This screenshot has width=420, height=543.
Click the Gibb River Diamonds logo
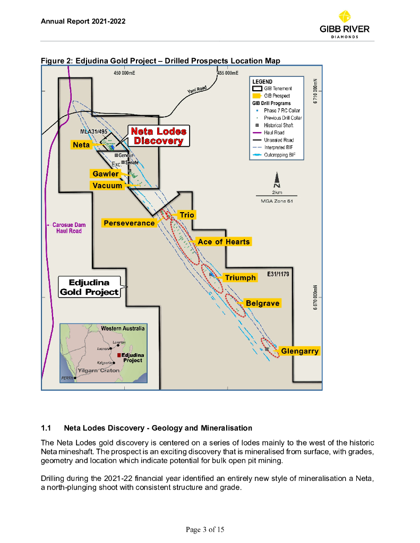(x=345, y=24)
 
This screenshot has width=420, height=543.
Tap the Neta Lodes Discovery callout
(x=159, y=136)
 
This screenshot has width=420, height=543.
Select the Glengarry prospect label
(x=300, y=351)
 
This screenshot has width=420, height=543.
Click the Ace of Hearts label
(x=224, y=242)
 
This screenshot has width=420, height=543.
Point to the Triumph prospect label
(x=240, y=278)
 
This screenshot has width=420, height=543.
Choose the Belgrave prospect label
(x=262, y=303)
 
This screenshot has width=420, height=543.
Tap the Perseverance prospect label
(x=129, y=223)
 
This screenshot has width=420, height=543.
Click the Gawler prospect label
(x=106, y=174)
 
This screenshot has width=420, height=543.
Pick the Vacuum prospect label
(x=107, y=186)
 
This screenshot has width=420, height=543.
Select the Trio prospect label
(x=187, y=215)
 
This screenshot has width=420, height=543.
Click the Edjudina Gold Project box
(x=89, y=287)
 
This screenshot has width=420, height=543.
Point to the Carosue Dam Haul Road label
(x=68, y=228)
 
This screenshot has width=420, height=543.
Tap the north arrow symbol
(x=277, y=180)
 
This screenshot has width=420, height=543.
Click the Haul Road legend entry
(x=274, y=133)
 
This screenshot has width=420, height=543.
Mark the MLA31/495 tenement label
(x=93, y=131)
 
